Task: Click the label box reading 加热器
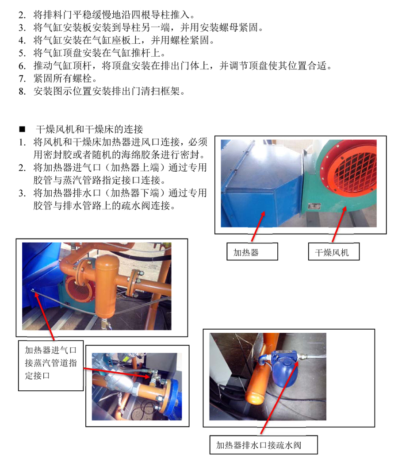coord(252,251)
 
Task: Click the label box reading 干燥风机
coord(333,251)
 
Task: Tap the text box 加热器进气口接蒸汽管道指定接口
coord(51,366)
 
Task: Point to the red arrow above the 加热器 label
coord(258,226)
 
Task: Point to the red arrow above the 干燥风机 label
coord(339,224)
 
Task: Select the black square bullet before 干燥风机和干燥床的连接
coord(22,129)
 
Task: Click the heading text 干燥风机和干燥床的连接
coord(89,129)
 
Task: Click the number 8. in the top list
coord(22,91)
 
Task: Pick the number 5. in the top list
coord(22,53)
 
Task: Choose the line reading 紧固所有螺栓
coord(65,78)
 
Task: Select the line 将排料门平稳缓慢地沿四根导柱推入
coord(114,15)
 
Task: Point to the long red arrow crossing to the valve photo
coord(116,372)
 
